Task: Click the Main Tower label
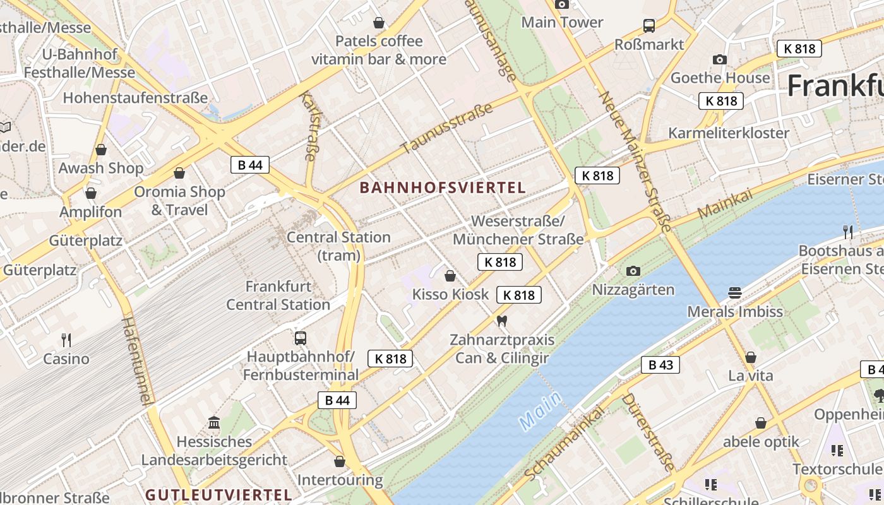(x=562, y=22)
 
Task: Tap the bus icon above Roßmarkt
(x=649, y=26)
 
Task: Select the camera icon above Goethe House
(x=719, y=59)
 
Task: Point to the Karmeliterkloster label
(x=729, y=133)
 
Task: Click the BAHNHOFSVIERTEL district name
(x=443, y=187)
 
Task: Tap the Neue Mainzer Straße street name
(x=634, y=162)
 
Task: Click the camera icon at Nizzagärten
(x=633, y=271)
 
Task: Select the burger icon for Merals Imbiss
(x=734, y=293)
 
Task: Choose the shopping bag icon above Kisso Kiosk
(x=450, y=276)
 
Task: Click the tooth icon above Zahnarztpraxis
(x=502, y=321)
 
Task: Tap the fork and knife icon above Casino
(x=66, y=340)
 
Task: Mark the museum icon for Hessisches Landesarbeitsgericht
(x=214, y=422)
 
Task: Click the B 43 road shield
(x=660, y=365)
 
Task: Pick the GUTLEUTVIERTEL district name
(x=218, y=495)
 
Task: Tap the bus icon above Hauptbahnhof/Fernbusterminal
(x=301, y=338)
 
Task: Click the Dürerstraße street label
(x=648, y=432)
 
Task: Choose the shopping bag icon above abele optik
(x=761, y=423)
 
